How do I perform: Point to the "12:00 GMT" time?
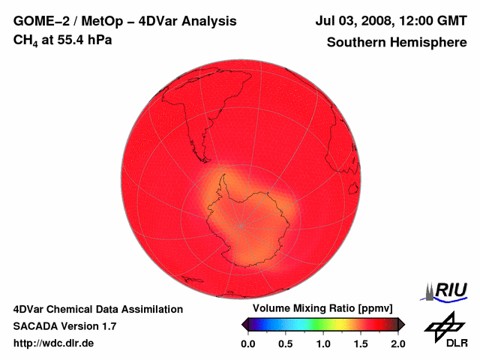click(x=434, y=22)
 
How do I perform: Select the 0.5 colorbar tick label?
click(x=285, y=343)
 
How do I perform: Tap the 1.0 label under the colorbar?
click(x=322, y=343)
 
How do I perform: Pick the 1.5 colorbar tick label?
click(x=360, y=343)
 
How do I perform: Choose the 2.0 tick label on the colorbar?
click(x=397, y=343)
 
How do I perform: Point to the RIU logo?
click(x=446, y=289)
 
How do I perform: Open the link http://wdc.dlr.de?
click(x=54, y=343)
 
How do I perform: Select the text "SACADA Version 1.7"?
click(x=64, y=326)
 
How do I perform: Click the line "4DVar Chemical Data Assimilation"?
click(x=98, y=309)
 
